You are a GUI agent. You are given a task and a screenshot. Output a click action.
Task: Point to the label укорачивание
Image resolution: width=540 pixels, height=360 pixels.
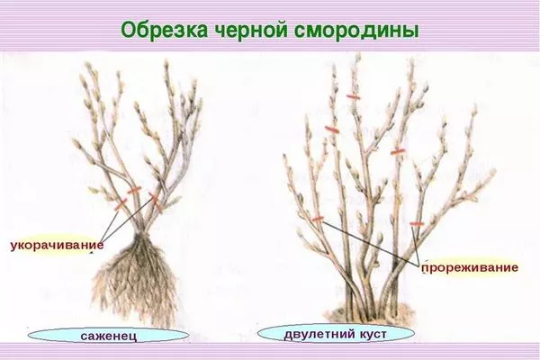56,244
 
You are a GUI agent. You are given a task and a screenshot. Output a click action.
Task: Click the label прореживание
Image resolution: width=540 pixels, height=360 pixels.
467,268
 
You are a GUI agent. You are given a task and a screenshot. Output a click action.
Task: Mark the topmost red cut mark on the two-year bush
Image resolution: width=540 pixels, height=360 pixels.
355,96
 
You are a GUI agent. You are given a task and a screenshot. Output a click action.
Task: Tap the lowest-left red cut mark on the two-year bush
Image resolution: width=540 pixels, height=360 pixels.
317,218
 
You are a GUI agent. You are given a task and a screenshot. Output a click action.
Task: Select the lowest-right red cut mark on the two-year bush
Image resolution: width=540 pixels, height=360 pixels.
416,223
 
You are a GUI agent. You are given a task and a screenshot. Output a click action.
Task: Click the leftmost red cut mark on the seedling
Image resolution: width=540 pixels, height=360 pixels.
118,203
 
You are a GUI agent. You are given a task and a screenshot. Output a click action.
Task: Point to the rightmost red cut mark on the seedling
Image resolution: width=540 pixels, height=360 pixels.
155,195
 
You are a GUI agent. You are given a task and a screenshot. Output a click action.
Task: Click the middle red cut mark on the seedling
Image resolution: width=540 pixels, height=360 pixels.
135,192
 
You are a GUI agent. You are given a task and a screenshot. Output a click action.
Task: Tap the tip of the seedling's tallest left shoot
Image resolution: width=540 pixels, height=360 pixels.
88,67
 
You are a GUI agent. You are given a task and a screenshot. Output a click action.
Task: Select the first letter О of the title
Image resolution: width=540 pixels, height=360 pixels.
129,30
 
